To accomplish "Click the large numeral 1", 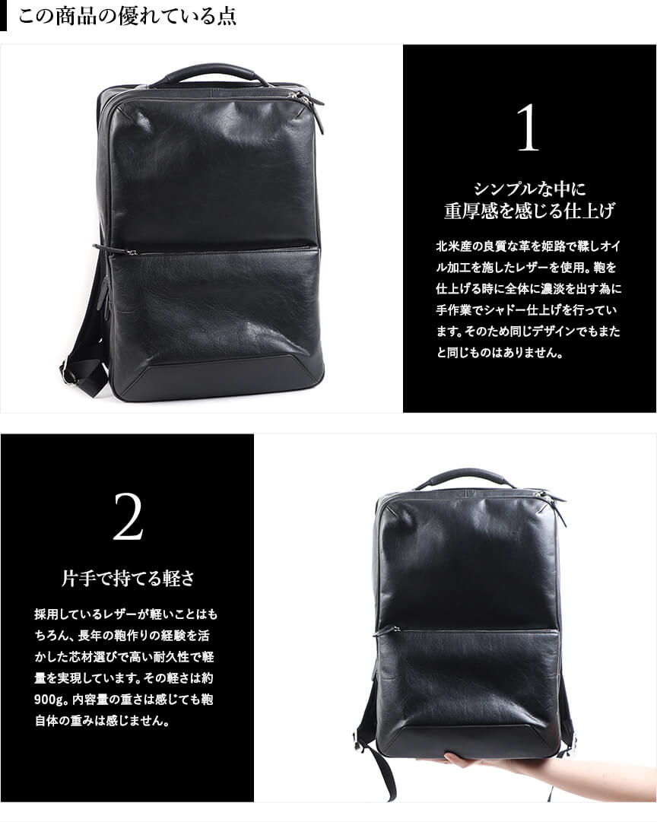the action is [x=528, y=128].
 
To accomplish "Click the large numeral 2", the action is [x=128, y=517].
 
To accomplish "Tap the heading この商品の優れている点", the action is [x=128, y=15].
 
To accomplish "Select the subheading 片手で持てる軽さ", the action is [x=128, y=578].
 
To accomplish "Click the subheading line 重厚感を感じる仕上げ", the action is [x=529, y=210].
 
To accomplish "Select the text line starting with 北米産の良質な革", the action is [x=529, y=246].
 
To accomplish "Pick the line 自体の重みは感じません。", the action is [x=102, y=722].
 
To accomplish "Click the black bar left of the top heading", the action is [x=4, y=15].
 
